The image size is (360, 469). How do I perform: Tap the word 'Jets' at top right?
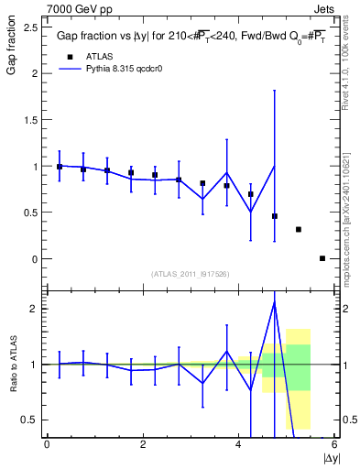[324, 7]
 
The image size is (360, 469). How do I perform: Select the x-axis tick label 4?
[238, 443]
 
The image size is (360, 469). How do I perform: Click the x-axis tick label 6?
[334, 443]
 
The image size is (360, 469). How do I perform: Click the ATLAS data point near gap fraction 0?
[322, 258]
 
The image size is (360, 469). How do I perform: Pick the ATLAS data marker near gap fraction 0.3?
[299, 229]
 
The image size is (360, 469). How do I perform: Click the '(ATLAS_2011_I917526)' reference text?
[191, 274]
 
